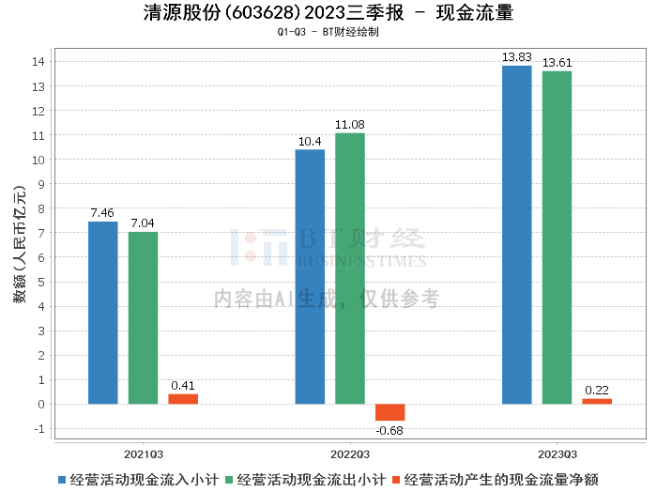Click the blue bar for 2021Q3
click(103, 313)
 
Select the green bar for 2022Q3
click(350, 269)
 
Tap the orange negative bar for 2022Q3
click(390, 412)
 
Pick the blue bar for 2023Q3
click(516, 235)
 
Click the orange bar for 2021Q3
click(183, 399)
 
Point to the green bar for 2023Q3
click(557, 238)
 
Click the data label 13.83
click(516, 57)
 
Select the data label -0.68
click(390, 430)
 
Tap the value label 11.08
click(350, 125)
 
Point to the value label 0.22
click(597, 391)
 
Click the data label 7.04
click(143, 223)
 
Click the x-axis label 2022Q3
click(350, 454)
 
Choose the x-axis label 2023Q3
click(558, 454)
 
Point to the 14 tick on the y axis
click(38, 62)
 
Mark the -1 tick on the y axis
click(38, 429)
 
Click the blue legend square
click(62, 480)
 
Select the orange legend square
click(396, 480)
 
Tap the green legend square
click(229, 480)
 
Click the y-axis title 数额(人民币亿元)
click(20, 244)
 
